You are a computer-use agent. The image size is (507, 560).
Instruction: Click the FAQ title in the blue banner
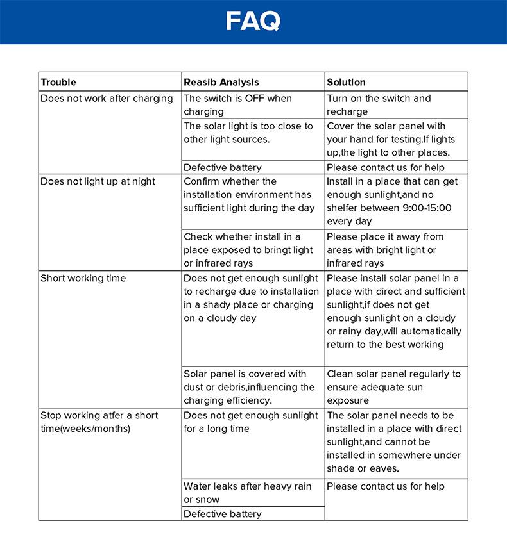[253, 22]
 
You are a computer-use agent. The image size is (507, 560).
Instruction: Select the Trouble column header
[58, 82]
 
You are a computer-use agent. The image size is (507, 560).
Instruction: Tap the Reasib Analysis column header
[221, 82]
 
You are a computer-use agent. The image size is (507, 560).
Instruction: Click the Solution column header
[346, 82]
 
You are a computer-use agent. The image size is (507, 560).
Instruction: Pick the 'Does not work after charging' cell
[107, 99]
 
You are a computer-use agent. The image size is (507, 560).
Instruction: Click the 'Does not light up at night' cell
[98, 181]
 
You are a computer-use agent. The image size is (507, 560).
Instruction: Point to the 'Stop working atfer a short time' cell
[99, 422]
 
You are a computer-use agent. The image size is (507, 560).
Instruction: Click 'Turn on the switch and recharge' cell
[379, 105]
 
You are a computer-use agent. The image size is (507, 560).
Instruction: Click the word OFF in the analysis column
[254, 99]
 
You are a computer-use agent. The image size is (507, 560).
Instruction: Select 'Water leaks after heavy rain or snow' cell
[247, 493]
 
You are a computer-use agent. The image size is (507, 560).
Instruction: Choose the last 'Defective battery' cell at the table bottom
[223, 514]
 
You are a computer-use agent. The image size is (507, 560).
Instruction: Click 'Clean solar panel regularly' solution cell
[393, 387]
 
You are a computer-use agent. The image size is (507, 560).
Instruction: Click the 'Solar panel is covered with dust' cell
[248, 387]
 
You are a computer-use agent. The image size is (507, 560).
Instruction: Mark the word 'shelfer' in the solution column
[347, 208]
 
